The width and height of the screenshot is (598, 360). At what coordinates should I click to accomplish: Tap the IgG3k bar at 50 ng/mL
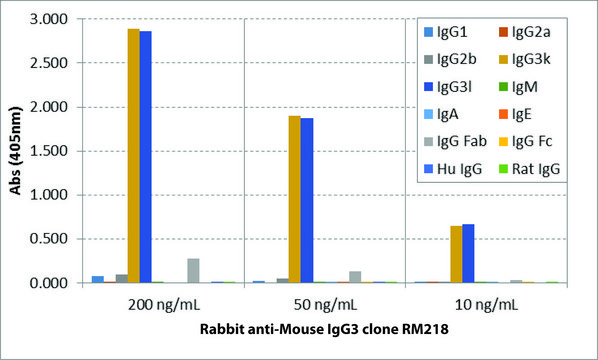(x=294, y=199)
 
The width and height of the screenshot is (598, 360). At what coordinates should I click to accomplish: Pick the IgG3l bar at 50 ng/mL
(x=307, y=200)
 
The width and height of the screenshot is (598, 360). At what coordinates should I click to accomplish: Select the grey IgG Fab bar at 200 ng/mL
(x=194, y=271)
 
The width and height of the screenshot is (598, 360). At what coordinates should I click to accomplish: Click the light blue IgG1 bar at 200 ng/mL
(x=97, y=279)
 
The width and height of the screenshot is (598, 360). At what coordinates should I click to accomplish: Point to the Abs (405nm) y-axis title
(x=14, y=150)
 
